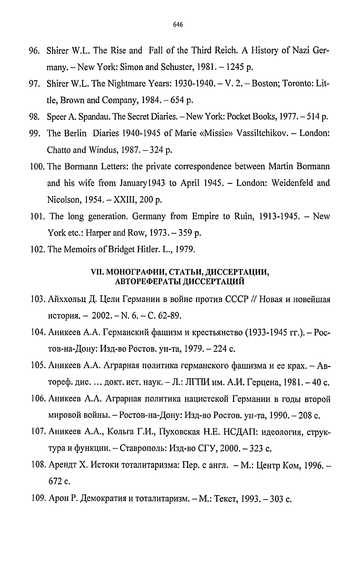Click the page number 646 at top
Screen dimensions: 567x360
click(x=178, y=24)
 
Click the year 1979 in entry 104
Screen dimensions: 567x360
click(x=195, y=349)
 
